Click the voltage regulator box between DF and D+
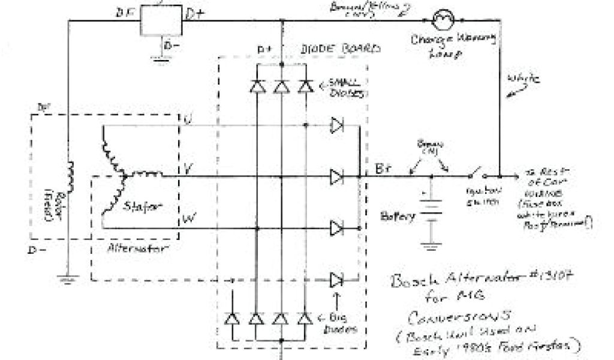(161, 22)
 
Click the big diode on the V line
(336, 177)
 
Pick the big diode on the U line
(336, 126)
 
